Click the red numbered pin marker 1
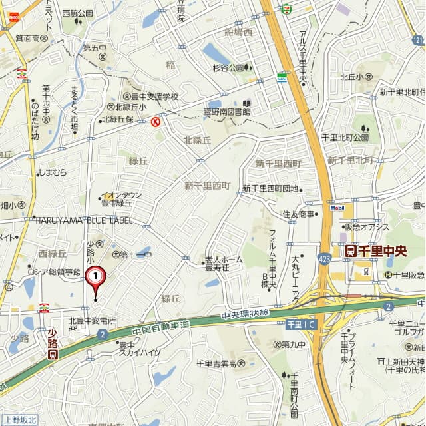[96, 274]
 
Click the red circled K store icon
[156, 122]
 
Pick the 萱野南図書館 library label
[227, 112]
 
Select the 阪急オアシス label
[367, 226]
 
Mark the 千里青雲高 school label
[220, 364]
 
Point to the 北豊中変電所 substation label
[94, 321]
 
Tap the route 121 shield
[417, 41]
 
